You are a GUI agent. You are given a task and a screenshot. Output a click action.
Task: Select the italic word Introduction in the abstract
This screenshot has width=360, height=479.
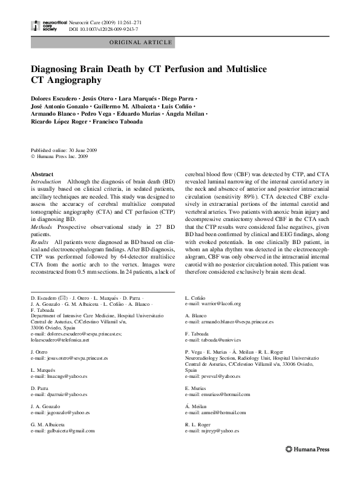45,182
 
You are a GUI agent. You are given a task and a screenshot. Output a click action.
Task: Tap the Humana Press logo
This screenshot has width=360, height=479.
307,449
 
